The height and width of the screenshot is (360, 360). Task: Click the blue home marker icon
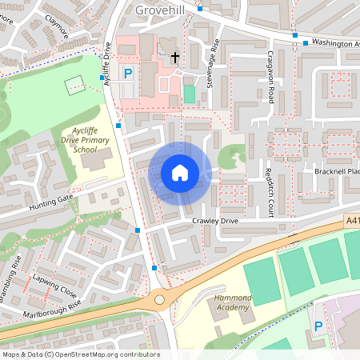[180, 173]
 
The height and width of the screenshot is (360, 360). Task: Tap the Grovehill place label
[164, 10]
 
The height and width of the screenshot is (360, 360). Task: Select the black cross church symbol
[175, 58]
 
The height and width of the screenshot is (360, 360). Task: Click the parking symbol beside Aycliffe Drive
[127, 74]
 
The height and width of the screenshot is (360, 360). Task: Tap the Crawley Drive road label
[215, 221]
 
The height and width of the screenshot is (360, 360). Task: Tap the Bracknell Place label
[340, 172]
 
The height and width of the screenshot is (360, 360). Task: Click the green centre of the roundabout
[160, 299]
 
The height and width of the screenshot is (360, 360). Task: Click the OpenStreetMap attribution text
[80, 354]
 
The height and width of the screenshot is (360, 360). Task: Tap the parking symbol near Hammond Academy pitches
[318, 326]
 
